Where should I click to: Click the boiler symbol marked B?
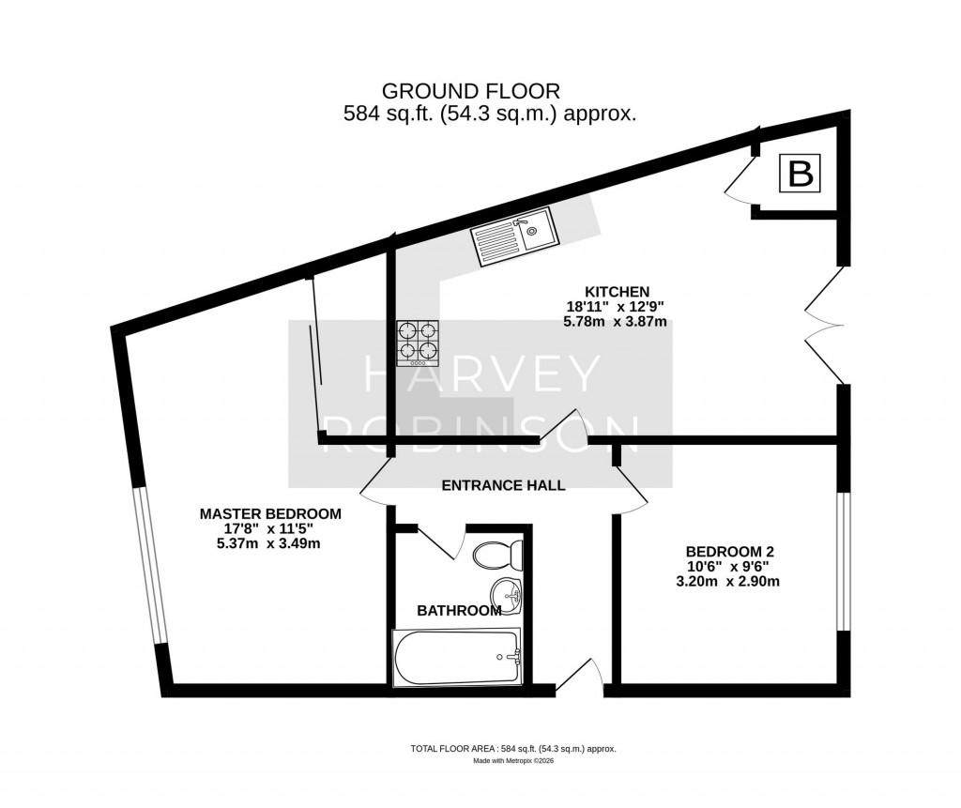click(800, 175)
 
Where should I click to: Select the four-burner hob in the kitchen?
click(419, 342)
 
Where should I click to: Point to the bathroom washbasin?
click(508, 593)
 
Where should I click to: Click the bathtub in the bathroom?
click(456, 657)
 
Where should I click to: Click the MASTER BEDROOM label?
click(270, 513)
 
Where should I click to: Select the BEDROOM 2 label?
click(730, 551)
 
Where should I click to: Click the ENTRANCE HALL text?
click(503, 485)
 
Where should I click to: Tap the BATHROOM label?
click(459, 611)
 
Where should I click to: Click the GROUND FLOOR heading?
click(471, 91)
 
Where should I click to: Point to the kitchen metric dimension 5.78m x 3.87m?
click(615, 321)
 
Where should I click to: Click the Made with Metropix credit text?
click(512, 761)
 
